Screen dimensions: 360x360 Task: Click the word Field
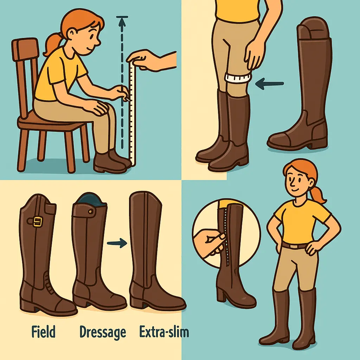(x=43, y=332)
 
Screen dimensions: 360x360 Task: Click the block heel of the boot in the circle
(x=221, y=293)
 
